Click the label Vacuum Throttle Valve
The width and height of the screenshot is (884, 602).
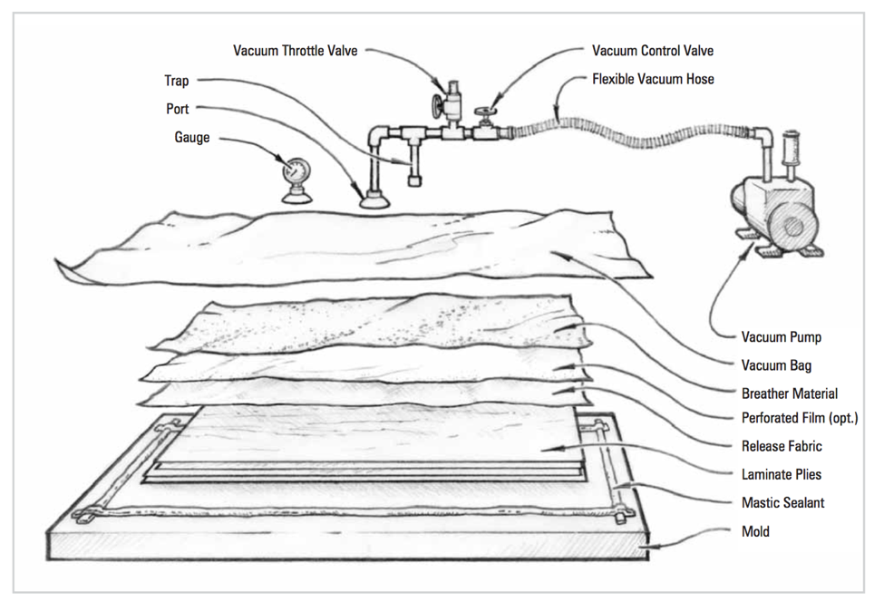[295, 51]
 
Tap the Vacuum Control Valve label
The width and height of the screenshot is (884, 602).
[653, 51]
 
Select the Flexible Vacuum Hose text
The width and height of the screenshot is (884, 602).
[653, 79]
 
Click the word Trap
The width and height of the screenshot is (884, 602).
[177, 81]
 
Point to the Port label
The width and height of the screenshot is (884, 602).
[177, 109]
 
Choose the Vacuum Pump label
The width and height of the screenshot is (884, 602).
[782, 337]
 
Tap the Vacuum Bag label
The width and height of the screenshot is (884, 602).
[776, 365]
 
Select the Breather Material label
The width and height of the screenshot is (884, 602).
[790, 393]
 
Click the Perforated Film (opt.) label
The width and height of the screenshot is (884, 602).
[798, 419]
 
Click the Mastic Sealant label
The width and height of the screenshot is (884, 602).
[783, 502]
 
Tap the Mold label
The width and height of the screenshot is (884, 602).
[755, 531]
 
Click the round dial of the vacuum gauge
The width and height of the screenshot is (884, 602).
[295, 170]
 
